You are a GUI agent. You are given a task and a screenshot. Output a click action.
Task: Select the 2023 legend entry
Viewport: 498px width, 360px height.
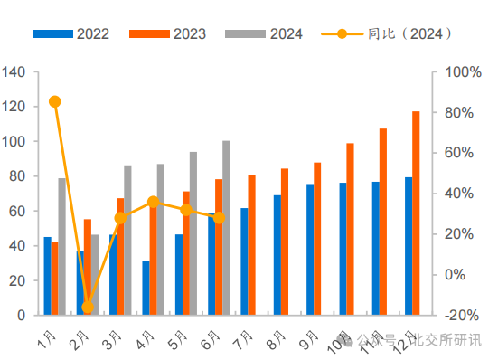[167, 34]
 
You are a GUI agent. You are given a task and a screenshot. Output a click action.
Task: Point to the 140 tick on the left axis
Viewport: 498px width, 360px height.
[14, 72]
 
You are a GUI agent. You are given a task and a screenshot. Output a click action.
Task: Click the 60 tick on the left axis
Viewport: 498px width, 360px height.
[17, 211]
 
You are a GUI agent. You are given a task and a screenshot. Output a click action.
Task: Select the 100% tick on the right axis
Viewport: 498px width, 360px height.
[458, 72]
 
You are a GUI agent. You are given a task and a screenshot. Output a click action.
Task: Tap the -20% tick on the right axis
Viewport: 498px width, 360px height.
[458, 315]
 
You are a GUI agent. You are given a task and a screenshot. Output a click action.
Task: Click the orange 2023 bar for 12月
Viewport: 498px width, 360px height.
[416, 213]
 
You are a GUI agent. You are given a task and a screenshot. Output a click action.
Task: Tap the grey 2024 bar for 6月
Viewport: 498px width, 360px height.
[226, 228]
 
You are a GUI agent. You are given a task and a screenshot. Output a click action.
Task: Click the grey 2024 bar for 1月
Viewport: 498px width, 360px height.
[62, 246]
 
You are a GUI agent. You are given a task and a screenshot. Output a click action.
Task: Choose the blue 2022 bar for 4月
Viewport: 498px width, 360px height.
[146, 288]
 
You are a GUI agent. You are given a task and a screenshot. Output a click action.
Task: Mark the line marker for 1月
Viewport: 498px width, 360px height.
[55, 101]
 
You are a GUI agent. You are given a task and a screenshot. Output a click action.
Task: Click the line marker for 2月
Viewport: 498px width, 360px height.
[88, 308]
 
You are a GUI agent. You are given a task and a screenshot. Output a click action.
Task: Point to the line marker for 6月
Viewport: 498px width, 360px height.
[219, 218]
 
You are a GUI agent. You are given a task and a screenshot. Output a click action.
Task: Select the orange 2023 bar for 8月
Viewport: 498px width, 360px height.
[285, 242]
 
